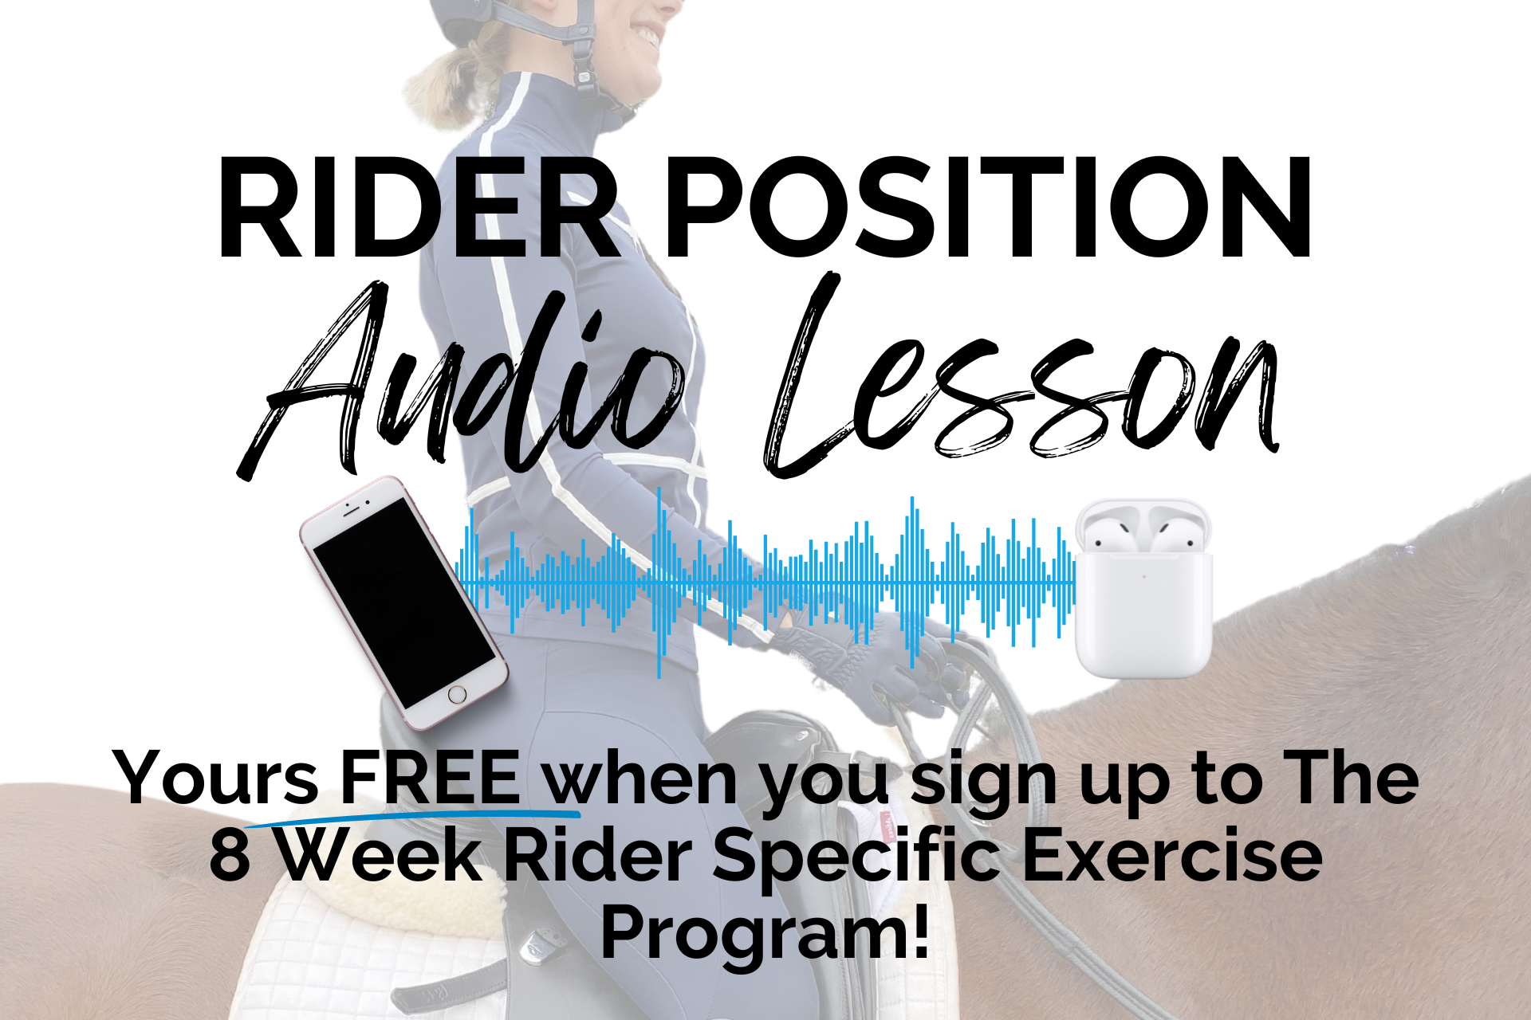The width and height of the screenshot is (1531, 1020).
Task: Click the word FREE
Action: (431, 778)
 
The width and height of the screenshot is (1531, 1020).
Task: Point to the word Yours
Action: (216, 778)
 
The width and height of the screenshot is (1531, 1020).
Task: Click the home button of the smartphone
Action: (457, 694)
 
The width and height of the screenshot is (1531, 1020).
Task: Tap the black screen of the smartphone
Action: (404, 602)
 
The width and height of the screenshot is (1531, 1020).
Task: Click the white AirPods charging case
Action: (1143, 589)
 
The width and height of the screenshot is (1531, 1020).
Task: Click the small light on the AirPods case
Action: (1143, 578)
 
